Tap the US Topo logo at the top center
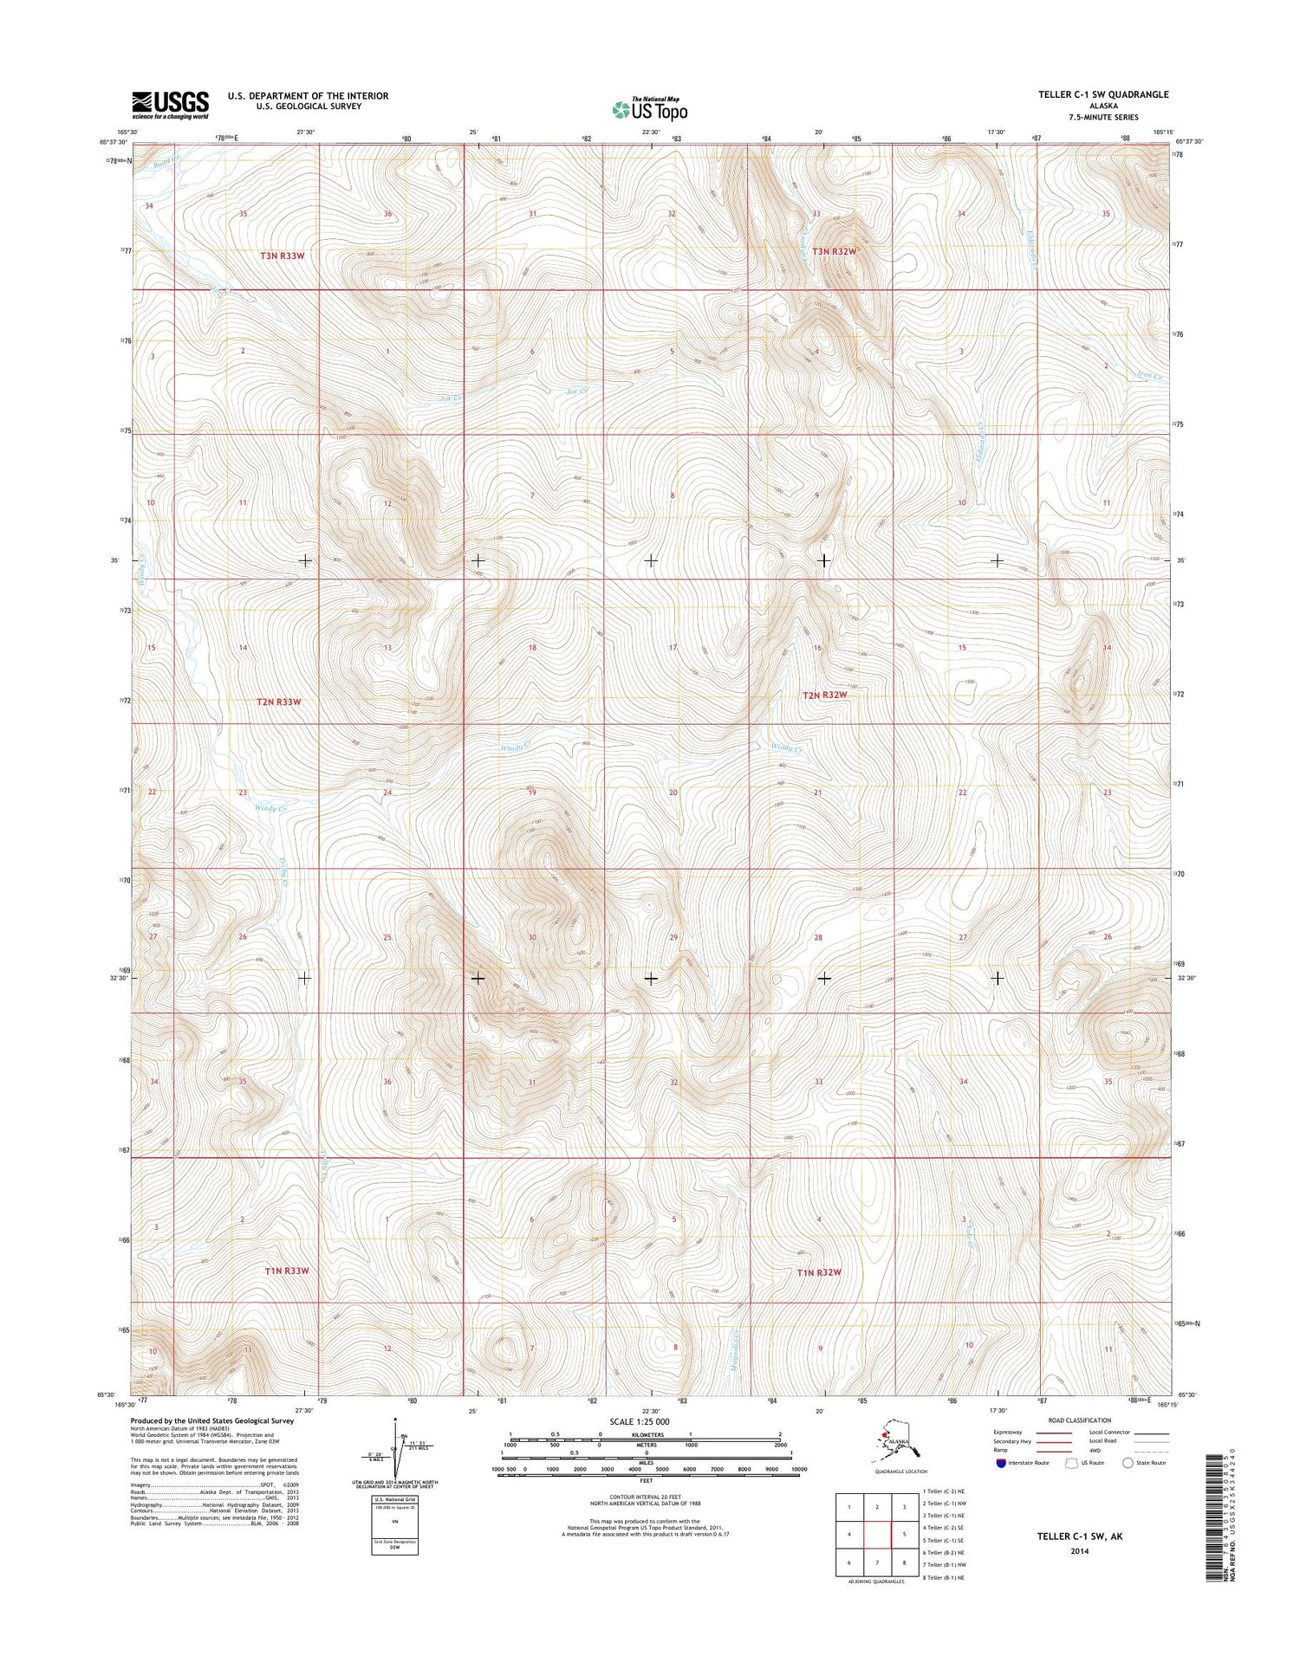(650, 109)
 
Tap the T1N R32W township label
(819, 1272)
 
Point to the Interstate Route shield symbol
(1002, 1463)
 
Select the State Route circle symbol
(1128, 1463)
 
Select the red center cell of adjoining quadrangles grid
(878, 1534)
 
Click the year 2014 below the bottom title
(1078, 1551)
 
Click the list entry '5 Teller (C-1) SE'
(940, 1541)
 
